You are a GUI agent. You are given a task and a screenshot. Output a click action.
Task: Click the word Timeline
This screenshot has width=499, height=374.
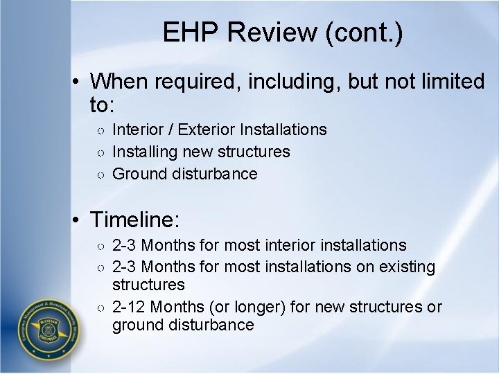(135, 221)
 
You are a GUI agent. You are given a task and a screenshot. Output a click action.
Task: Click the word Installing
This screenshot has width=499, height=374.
(143, 152)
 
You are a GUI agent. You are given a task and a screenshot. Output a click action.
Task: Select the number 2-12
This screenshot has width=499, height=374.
(130, 307)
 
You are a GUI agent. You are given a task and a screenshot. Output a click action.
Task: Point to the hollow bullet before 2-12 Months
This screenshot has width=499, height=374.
(100, 308)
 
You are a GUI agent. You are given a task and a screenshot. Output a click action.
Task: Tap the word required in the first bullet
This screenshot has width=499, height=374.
(184, 82)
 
